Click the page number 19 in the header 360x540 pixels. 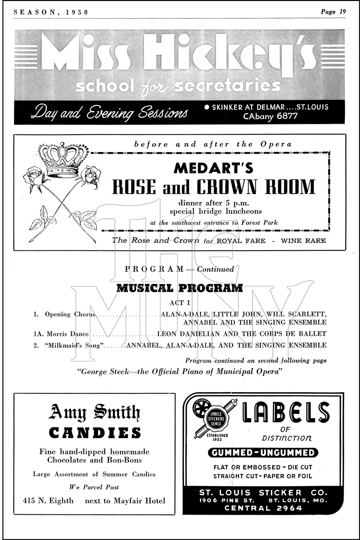342,12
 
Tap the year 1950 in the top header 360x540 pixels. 77,12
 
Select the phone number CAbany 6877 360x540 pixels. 270,116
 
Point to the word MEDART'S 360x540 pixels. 213,168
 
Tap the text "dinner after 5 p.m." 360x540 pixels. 214,203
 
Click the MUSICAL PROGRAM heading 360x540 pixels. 180,288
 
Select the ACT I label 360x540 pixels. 180,303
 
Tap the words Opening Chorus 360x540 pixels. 70,314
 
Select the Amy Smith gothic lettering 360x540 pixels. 94,413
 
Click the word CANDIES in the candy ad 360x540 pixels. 95,433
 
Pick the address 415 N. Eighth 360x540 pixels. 48,501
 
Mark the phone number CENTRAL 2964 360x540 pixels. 263,508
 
